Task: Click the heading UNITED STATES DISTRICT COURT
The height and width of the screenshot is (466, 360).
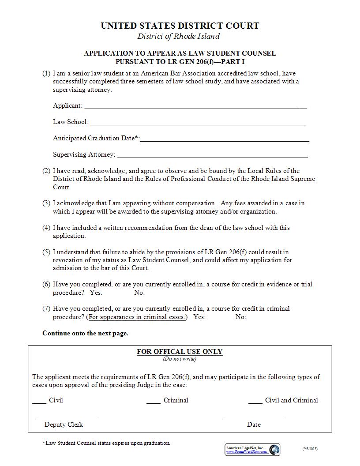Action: (x=180, y=26)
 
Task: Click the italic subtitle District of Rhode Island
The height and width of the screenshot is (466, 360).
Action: (x=178, y=36)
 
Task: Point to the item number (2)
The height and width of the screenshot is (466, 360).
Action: (x=46, y=171)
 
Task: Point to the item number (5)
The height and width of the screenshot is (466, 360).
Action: (x=46, y=252)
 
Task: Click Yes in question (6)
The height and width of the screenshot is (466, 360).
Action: (x=96, y=293)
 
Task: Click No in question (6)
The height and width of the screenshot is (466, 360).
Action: (x=139, y=293)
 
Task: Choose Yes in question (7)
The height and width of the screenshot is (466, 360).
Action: (x=199, y=317)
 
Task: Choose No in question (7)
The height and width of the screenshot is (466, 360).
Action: (x=241, y=317)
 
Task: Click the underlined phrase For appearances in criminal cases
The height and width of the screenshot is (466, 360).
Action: (x=137, y=317)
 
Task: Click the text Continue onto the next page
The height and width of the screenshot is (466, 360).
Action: (x=85, y=333)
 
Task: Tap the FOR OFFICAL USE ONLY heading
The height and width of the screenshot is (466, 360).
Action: (x=180, y=352)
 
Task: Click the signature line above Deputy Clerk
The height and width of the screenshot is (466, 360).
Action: (x=67, y=417)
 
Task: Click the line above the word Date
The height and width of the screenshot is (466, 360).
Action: (x=254, y=417)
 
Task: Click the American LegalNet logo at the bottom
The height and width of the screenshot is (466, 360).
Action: (x=252, y=450)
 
